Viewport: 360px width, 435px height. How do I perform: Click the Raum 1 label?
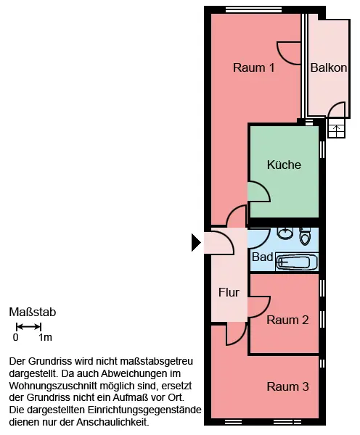pyautogui.click(x=253, y=67)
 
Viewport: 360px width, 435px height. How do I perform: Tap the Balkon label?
pyautogui.click(x=329, y=67)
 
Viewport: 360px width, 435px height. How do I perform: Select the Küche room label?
pyautogui.click(x=284, y=165)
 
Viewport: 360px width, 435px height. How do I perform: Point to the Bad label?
pyautogui.click(x=262, y=257)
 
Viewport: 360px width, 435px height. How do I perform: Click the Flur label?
pyautogui.click(x=229, y=292)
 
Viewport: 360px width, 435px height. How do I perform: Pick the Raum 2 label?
pyautogui.click(x=287, y=320)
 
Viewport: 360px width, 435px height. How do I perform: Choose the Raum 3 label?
pyautogui.click(x=287, y=386)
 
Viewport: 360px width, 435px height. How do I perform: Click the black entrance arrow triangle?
pyautogui.click(x=196, y=242)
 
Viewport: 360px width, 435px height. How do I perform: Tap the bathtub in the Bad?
pyautogui.click(x=297, y=262)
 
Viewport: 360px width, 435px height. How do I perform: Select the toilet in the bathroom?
pyautogui.click(x=305, y=236)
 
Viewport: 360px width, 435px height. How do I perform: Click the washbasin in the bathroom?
pyautogui.click(x=285, y=233)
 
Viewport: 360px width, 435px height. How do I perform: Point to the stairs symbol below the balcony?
pyautogui.click(x=336, y=128)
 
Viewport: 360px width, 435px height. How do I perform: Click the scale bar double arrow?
pyautogui.click(x=28, y=327)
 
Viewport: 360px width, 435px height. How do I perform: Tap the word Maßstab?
pyautogui.click(x=33, y=312)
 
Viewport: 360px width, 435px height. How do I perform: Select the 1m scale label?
pyautogui.click(x=45, y=337)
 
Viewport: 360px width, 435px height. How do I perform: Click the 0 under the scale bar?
pyautogui.click(x=15, y=337)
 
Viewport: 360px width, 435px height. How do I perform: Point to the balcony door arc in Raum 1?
pyautogui.click(x=282, y=58)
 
